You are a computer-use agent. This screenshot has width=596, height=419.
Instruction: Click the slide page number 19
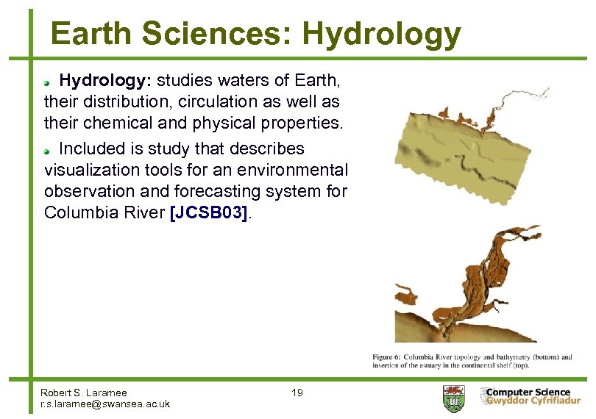pyautogui.click(x=297, y=393)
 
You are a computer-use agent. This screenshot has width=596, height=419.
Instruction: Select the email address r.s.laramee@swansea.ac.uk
pyautogui.click(x=105, y=404)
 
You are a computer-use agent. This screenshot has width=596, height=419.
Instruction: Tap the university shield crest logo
pyautogui.click(x=453, y=398)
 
